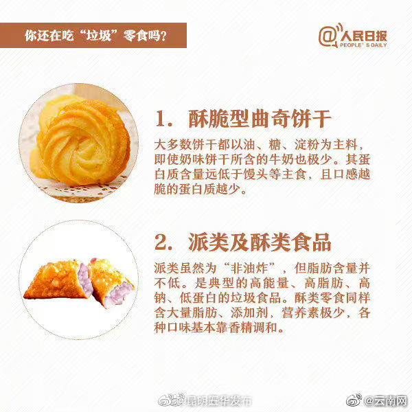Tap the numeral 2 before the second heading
[162, 242]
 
